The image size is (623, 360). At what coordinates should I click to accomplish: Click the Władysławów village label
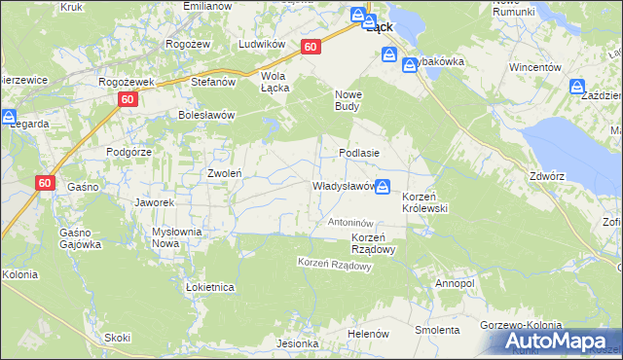click(343, 186)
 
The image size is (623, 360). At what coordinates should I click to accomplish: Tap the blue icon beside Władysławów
click(385, 186)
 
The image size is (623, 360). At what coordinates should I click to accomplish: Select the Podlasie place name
click(358, 154)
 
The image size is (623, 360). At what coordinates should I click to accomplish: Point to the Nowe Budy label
click(349, 100)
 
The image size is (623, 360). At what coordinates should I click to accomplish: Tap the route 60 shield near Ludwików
click(311, 47)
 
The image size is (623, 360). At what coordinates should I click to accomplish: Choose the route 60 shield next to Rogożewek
click(128, 100)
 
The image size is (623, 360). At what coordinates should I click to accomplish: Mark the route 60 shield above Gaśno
click(46, 182)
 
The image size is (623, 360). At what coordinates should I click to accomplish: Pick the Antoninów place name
click(350, 223)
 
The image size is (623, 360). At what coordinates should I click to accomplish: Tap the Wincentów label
click(536, 68)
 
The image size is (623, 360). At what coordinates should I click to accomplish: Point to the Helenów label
click(368, 334)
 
